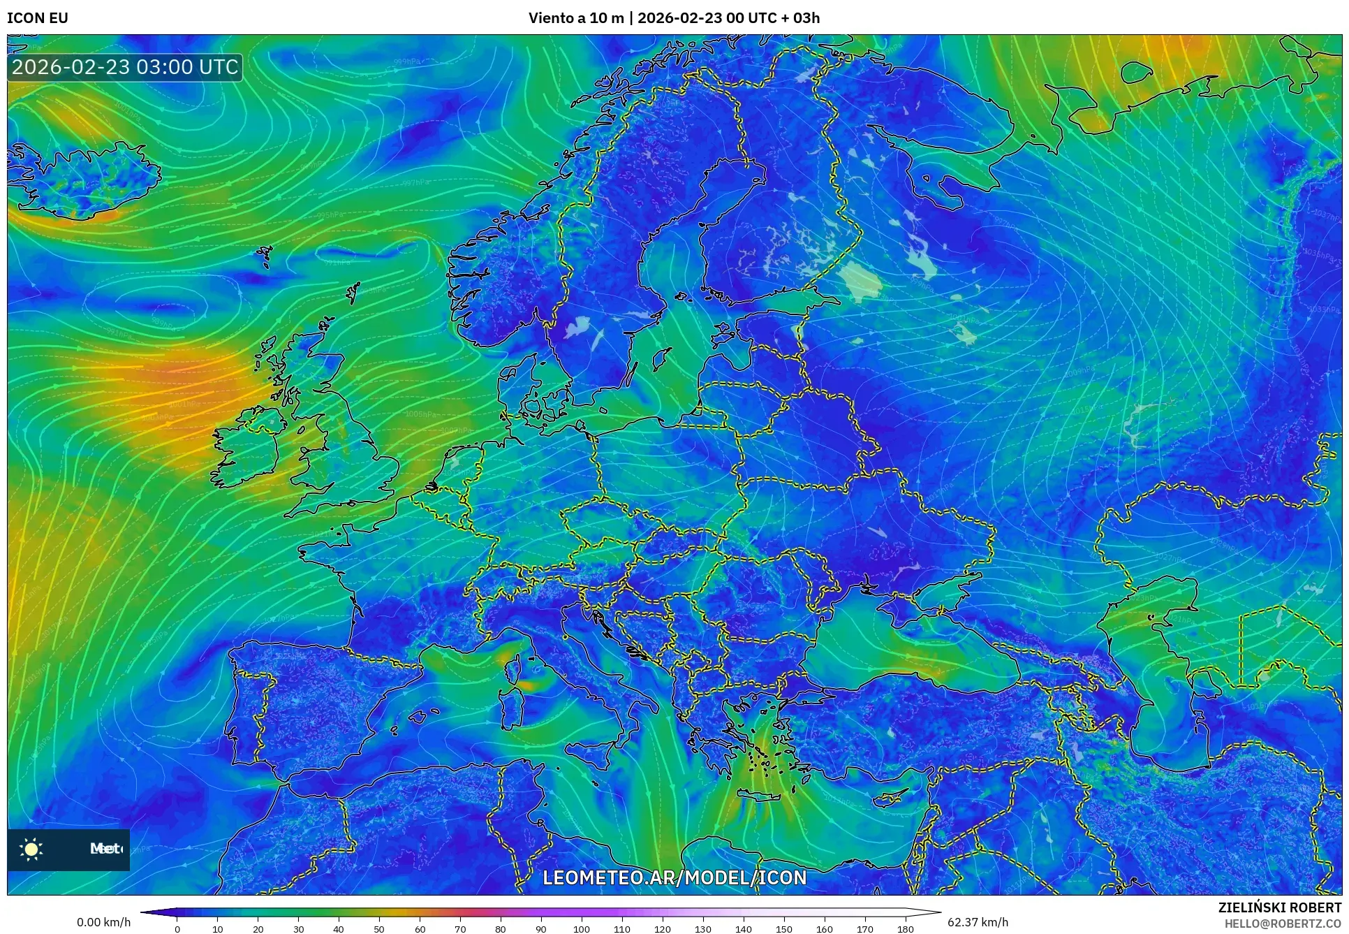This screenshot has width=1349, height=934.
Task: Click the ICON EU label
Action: click(x=38, y=18)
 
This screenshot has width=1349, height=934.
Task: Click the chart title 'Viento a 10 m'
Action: click(x=575, y=18)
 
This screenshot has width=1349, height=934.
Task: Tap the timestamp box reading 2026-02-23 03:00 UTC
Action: click(x=125, y=67)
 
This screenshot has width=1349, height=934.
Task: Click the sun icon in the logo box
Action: click(x=31, y=849)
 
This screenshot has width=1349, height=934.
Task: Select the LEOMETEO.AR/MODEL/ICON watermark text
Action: click(x=674, y=877)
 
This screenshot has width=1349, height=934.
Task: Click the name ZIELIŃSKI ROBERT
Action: click(x=1279, y=907)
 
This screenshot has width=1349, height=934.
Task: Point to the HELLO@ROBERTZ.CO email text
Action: click(x=1283, y=924)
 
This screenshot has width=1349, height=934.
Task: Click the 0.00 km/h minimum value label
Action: click(x=103, y=922)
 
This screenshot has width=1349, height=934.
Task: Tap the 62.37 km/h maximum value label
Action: click(x=978, y=922)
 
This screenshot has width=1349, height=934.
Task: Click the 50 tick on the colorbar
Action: click(x=379, y=929)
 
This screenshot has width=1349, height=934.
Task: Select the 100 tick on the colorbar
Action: click(x=581, y=929)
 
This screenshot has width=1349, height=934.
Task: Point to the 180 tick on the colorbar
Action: click(x=905, y=929)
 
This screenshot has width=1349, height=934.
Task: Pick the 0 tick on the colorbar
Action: click(x=177, y=929)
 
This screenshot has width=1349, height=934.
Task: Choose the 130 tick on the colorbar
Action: click(x=703, y=929)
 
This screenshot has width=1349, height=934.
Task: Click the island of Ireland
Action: click(x=248, y=447)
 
